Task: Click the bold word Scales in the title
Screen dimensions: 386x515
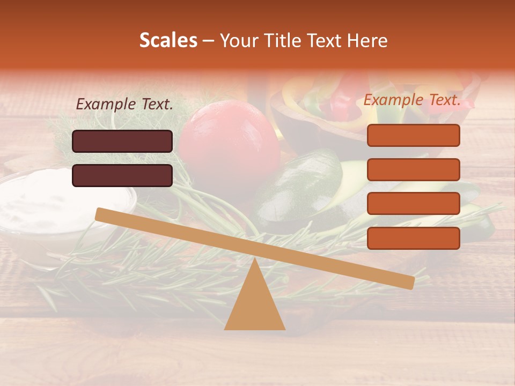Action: [x=168, y=41]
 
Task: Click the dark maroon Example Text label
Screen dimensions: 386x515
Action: [x=124, y=104]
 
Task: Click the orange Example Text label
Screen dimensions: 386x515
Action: [x=412, y=100]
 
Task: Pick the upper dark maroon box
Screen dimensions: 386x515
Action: [x=122, y=141]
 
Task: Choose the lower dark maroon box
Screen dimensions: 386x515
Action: [x=122, y=175]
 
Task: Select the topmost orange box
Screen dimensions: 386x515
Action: [x=413, y=135]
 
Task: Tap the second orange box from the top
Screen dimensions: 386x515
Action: [x=413, y=169]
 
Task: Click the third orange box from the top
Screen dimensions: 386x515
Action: [x=413, y=203]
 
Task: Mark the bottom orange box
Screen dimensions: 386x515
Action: [x=413, y=238]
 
